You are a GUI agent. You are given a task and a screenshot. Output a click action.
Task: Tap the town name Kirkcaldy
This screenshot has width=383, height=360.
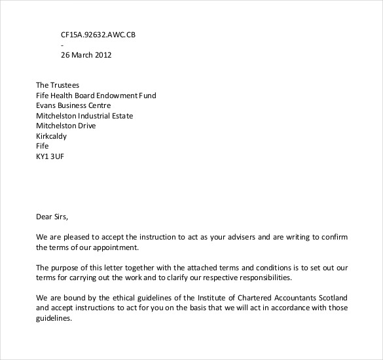coord(51,137)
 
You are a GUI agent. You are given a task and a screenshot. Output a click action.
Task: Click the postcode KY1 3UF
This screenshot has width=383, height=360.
coord(50,157)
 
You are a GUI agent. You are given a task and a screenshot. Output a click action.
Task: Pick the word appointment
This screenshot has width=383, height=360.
coord(115,248)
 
